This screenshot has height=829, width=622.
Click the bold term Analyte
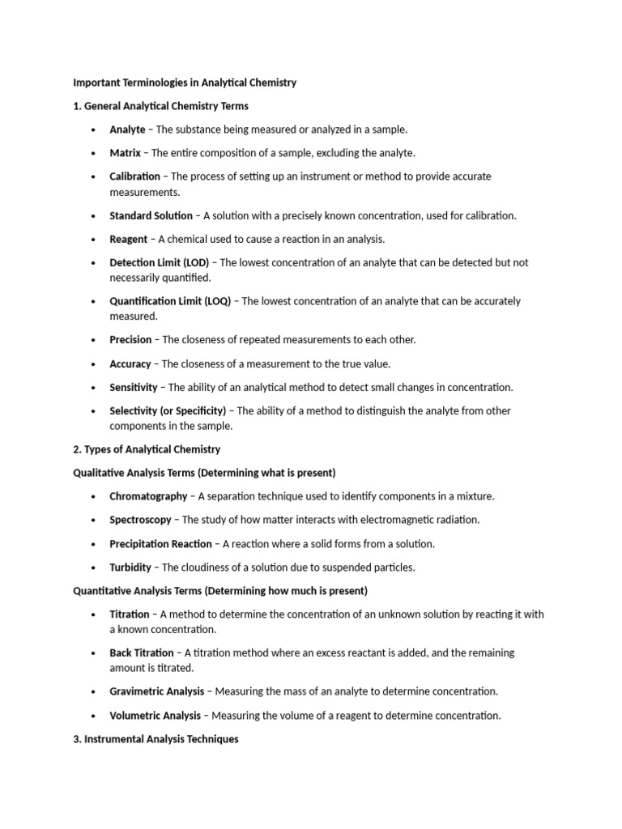(x=127, y=130)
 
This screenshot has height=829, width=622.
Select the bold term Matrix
(x=125, y=153)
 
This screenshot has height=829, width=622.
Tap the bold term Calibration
(x=134, y=176)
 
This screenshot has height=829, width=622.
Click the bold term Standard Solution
(x=151, y=215)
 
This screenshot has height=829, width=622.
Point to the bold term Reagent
(x=129, y=239)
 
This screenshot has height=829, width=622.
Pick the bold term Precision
(x=130, y=340)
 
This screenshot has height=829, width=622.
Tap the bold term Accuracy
(x=130, y=364)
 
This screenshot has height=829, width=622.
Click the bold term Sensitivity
(x=134, y=388)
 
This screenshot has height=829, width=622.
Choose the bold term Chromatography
(x=148, y=496)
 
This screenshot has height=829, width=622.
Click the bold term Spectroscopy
(x=140, y=520)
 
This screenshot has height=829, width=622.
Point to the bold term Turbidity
(x=130, y=568)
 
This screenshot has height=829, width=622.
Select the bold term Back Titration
(x=142, y=653)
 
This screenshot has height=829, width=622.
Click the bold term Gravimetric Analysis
(x=157, y=691)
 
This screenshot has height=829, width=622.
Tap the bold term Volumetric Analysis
(x=155, y=716)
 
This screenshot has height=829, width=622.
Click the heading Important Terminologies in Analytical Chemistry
(x=185, y=83)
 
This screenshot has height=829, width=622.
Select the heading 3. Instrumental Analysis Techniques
(x=155, y=739)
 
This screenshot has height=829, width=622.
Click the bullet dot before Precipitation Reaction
(x=94, y=544)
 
